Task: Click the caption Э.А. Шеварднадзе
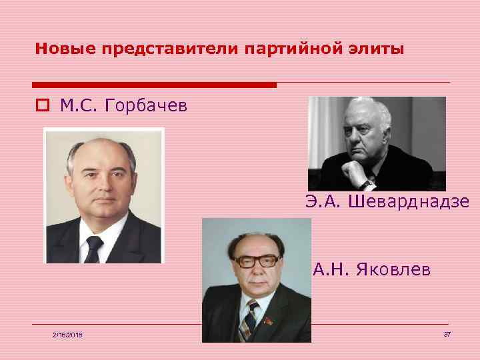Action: point(387,201)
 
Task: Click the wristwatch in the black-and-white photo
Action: point(366,183)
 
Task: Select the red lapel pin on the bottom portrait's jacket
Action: point(269,321)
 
